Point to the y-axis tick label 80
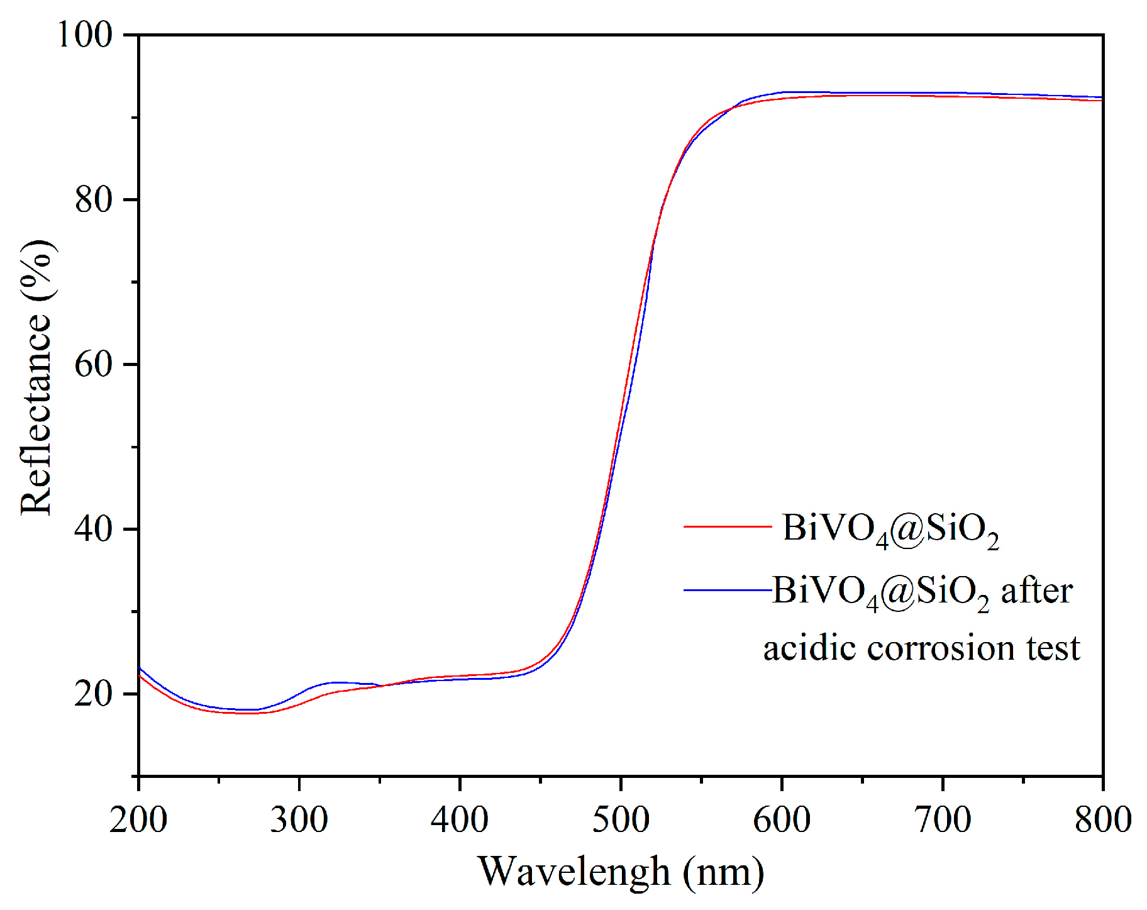(x=94, y=199)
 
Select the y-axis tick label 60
(x=94, y=364)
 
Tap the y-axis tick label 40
(x=94, y=528)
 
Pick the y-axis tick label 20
(x=94, y=693)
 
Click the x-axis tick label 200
(x=138, y=819)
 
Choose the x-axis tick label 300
(x=299, y=819)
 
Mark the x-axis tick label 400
(x=460, y=819)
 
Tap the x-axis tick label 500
(x=621, y=819)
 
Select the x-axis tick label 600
(x=782, y=819)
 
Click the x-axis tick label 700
(x=943, y=819)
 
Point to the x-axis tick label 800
(x=1103, y=819)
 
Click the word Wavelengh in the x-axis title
(x=574, y=872)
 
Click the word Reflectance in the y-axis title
(x=36, y=414)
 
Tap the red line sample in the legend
(x=728, y=526)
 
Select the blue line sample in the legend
(x=728, y=590)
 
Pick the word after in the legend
(x=1036, y=591)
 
